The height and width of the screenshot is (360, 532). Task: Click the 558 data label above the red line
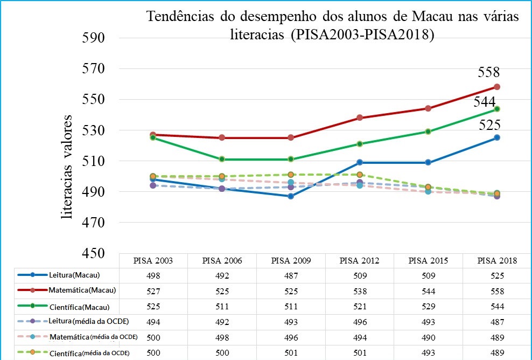(489, 73)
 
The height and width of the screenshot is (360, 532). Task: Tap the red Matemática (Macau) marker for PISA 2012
(360, 118)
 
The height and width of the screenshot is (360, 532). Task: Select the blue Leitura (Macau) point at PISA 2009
(291, 196)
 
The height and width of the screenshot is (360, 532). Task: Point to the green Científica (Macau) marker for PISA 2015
(428, 131)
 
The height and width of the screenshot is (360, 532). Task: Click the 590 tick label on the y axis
(93, 39)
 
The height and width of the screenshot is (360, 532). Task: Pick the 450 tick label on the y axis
(93, 253)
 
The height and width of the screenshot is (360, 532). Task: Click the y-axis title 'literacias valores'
(67, 167)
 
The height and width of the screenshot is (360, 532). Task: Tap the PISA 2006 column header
(222, 261)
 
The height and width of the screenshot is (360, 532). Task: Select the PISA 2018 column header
(497, 261)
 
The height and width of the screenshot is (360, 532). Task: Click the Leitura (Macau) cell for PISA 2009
(291, 276)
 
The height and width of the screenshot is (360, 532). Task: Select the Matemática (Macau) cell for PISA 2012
(360, 291)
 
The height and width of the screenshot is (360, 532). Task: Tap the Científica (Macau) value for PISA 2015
(428, 307)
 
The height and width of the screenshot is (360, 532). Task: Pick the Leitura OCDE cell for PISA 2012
(360, 322)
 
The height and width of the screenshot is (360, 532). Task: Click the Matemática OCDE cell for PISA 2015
(428, 337)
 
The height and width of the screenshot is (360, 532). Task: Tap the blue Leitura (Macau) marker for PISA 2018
(497, 137)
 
